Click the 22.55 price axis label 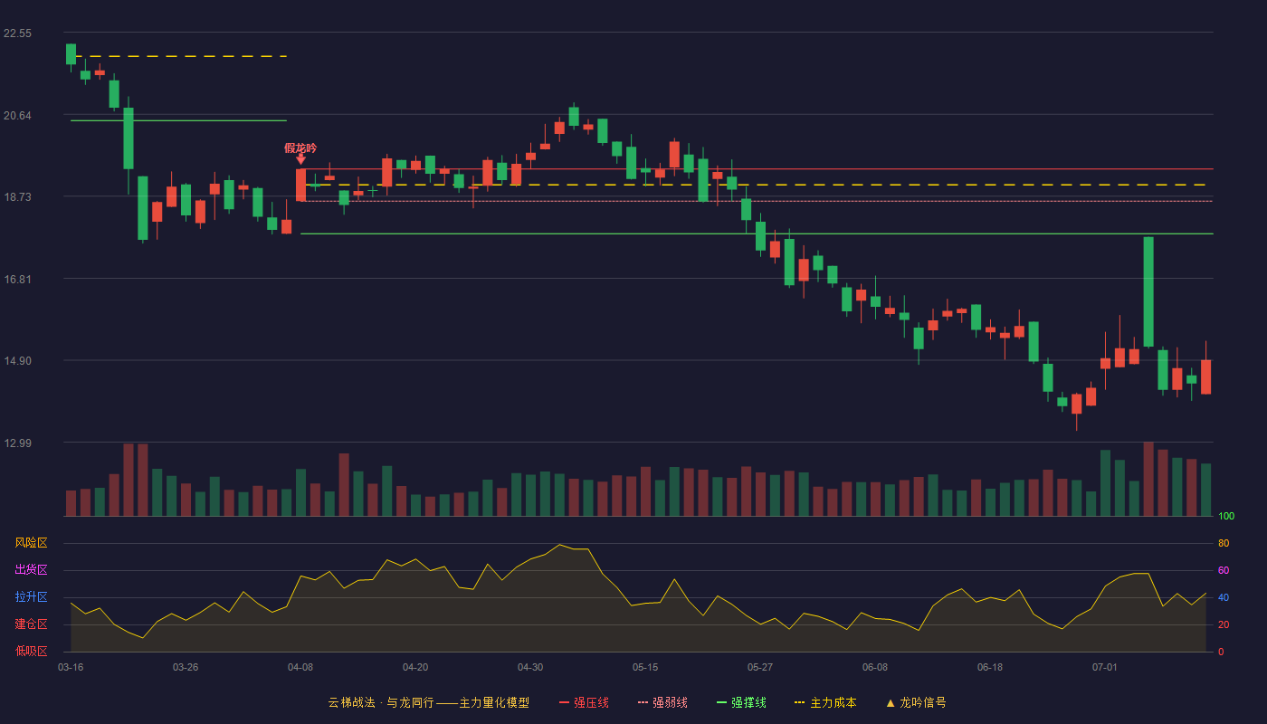click(17, 33)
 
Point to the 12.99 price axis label click(17, 443)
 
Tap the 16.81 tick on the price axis click(17, 280)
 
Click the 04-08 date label click(300, 668)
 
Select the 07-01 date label click(1105, 668)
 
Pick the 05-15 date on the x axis click(645, 668)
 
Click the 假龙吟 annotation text click(300, 148)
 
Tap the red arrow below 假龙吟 click(300, 159)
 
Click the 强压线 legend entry click(584, 702)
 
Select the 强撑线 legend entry click(741, 702)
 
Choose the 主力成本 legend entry click(825, 702)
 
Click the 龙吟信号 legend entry click(916, 702)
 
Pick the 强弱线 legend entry click(662, 702)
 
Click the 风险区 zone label click(31, 543)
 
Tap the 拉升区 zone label click(31, 597)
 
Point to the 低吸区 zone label click(31, 652)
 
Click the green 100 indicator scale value click(1226, 516)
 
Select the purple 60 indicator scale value click(1224, 570)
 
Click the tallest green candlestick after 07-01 click(1148, 291)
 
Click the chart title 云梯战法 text click(352, 702)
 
